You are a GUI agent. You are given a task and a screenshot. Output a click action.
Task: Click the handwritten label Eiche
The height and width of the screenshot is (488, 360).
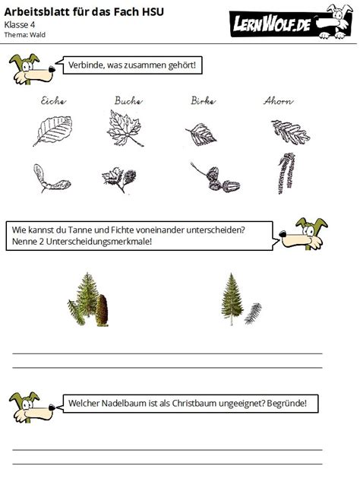pyautogui.click(x=53, y=100)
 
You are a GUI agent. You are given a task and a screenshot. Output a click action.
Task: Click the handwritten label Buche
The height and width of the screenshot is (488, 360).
pyautogui.click(x=128, y=100)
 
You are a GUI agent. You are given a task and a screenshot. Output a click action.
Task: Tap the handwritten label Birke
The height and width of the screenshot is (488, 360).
pyautogui.click(x=203, y=100)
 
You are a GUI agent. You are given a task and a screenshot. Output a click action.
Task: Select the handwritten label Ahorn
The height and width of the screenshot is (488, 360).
pyautogui.click(x=279, y=100)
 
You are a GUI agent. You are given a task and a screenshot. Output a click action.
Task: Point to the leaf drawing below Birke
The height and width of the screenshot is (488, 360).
pyautogui.click(x=201, y=135)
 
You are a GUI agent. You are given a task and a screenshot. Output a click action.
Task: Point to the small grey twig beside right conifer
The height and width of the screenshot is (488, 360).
pyautogui.click(x=253, y=312)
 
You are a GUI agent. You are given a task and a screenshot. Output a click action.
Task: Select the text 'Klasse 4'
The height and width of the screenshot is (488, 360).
pyautogui.click(x=20, y=24)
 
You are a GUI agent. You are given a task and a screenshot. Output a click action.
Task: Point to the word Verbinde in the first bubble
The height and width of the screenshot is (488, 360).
pyautogui.click(x=87, y=65)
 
